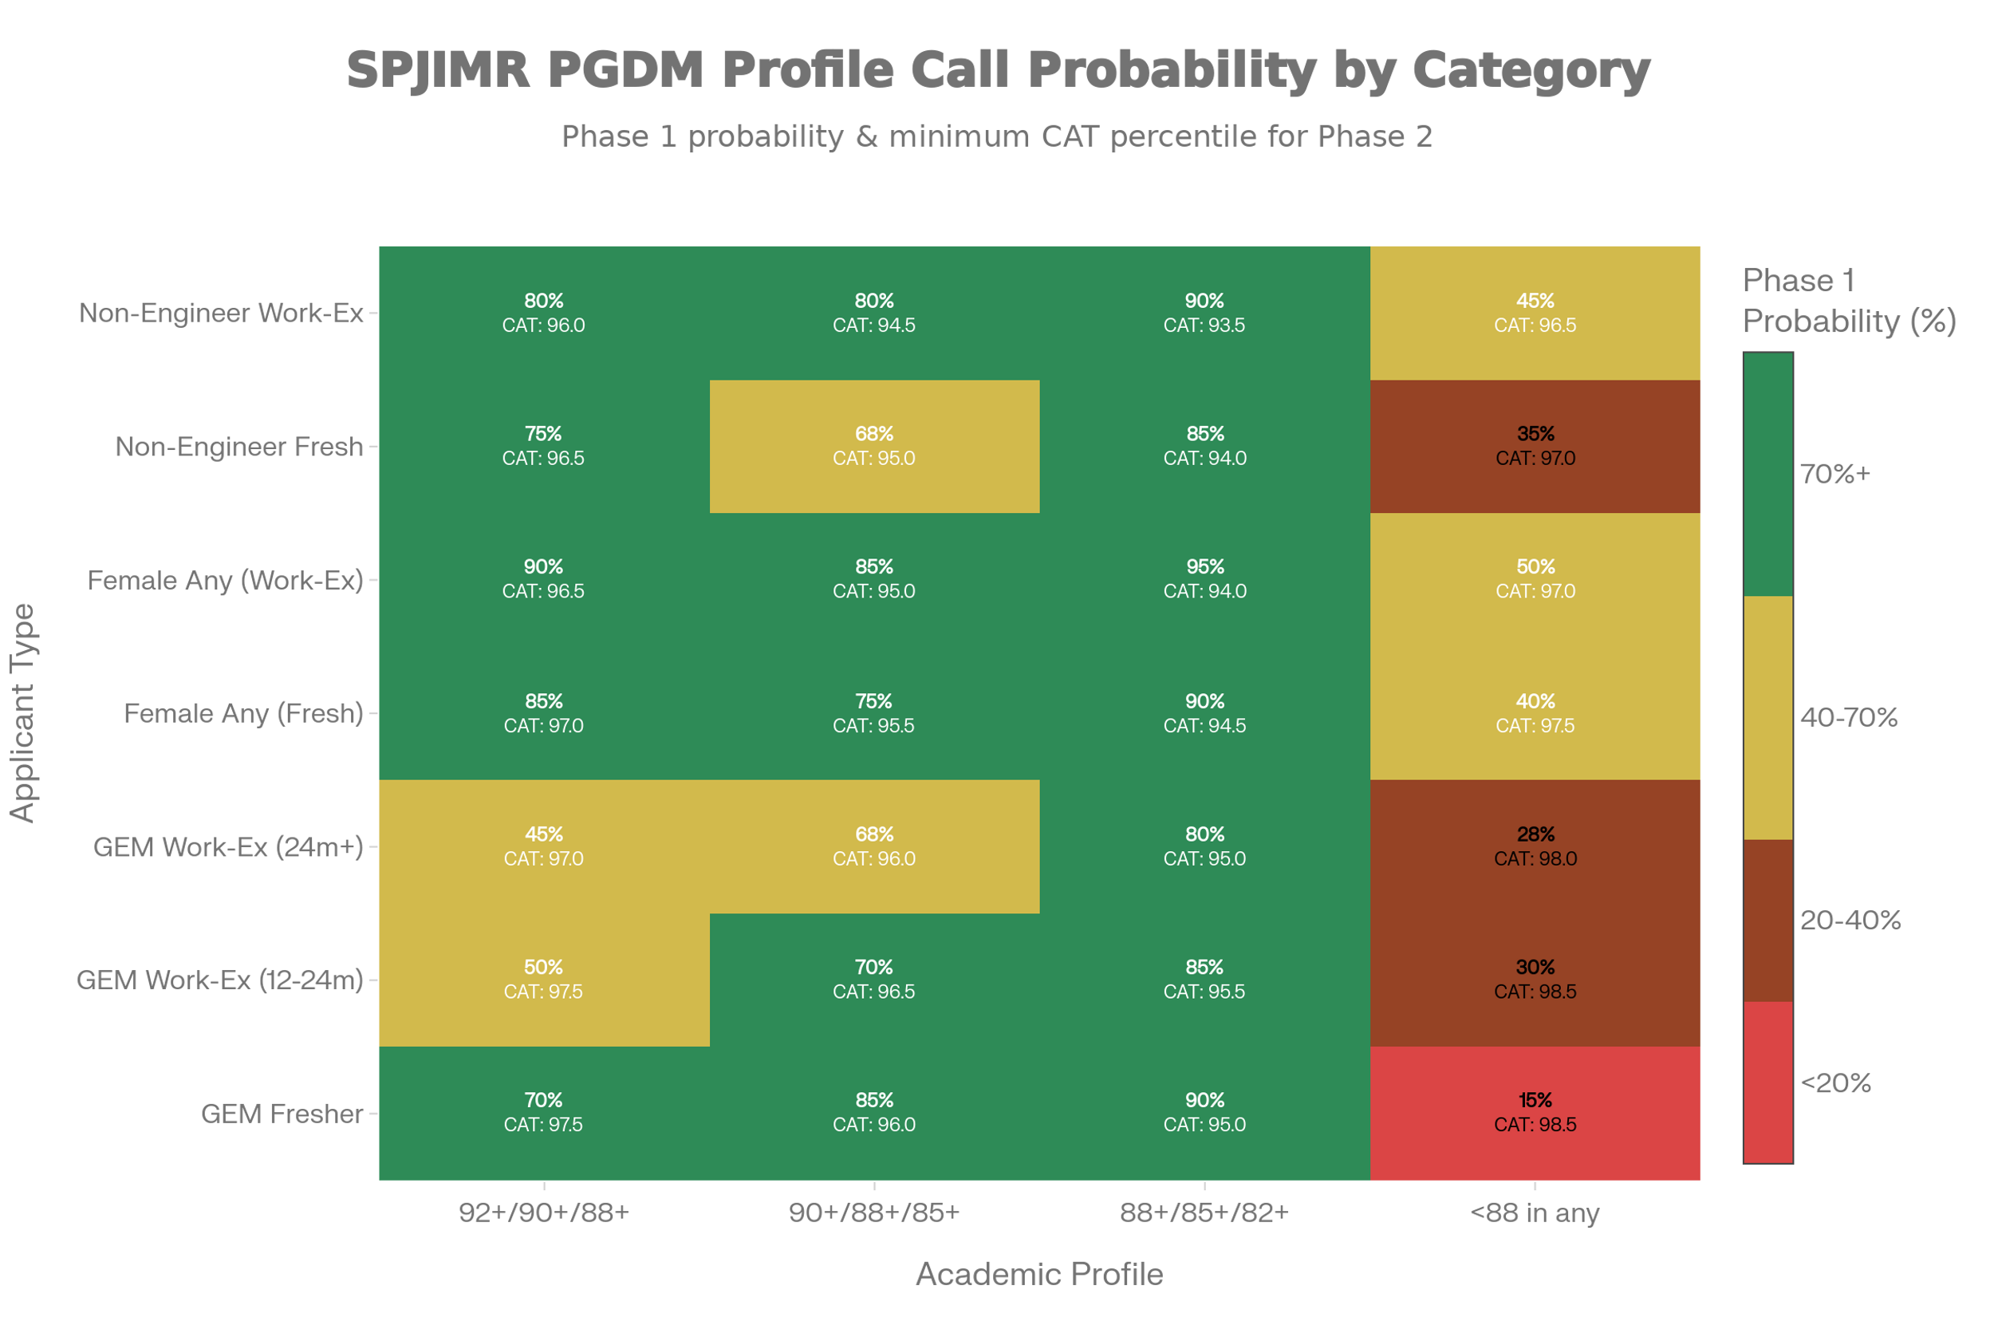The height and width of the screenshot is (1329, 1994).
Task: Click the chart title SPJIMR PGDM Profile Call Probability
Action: (x=998, y=69)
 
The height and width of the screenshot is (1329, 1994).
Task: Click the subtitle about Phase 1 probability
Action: (x=996, y=136)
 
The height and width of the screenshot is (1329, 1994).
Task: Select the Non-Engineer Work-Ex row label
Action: (x=221, y=313)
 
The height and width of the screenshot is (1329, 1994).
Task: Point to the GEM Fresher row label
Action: (x=282, y=1113)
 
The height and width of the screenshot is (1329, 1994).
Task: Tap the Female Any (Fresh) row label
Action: (x=244, y=714)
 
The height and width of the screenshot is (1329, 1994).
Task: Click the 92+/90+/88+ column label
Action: (x=544, y=1213)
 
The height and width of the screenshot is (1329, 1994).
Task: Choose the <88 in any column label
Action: (x=1535, y=1213)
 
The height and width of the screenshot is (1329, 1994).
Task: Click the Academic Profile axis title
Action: (x=1039, y=1274)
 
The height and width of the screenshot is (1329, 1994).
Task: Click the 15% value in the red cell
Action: (x=1535, y=1100)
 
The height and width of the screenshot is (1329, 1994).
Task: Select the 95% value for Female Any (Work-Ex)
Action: (x=1204, y=566)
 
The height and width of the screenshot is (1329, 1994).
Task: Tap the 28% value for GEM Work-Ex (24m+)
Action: (x=1535, y=834)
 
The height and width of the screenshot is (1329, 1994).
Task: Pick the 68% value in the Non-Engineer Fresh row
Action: (x=873, y=434)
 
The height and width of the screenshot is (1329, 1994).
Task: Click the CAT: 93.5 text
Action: (x=1204, y=325)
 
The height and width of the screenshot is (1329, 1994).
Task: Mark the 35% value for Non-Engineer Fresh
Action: (x=1535, y=434)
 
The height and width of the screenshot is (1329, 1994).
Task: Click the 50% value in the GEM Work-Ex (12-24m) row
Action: (x=543, y=967)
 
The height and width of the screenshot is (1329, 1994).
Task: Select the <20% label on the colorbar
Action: (x=1835, y=1083)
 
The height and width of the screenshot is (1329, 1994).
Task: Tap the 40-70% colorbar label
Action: (x=1848, y=718)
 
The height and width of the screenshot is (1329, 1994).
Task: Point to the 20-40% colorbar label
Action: (x=1850, y=921)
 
